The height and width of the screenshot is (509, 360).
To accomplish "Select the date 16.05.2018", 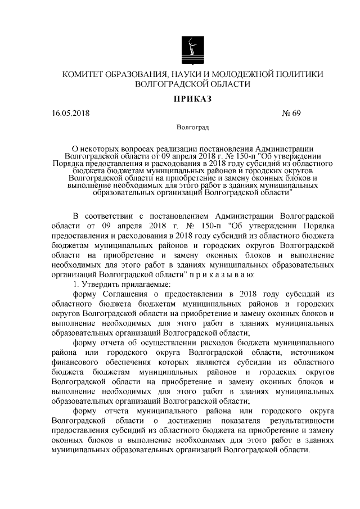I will tap(70, 113).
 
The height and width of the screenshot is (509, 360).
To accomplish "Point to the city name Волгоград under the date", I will tap(192, 128).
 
